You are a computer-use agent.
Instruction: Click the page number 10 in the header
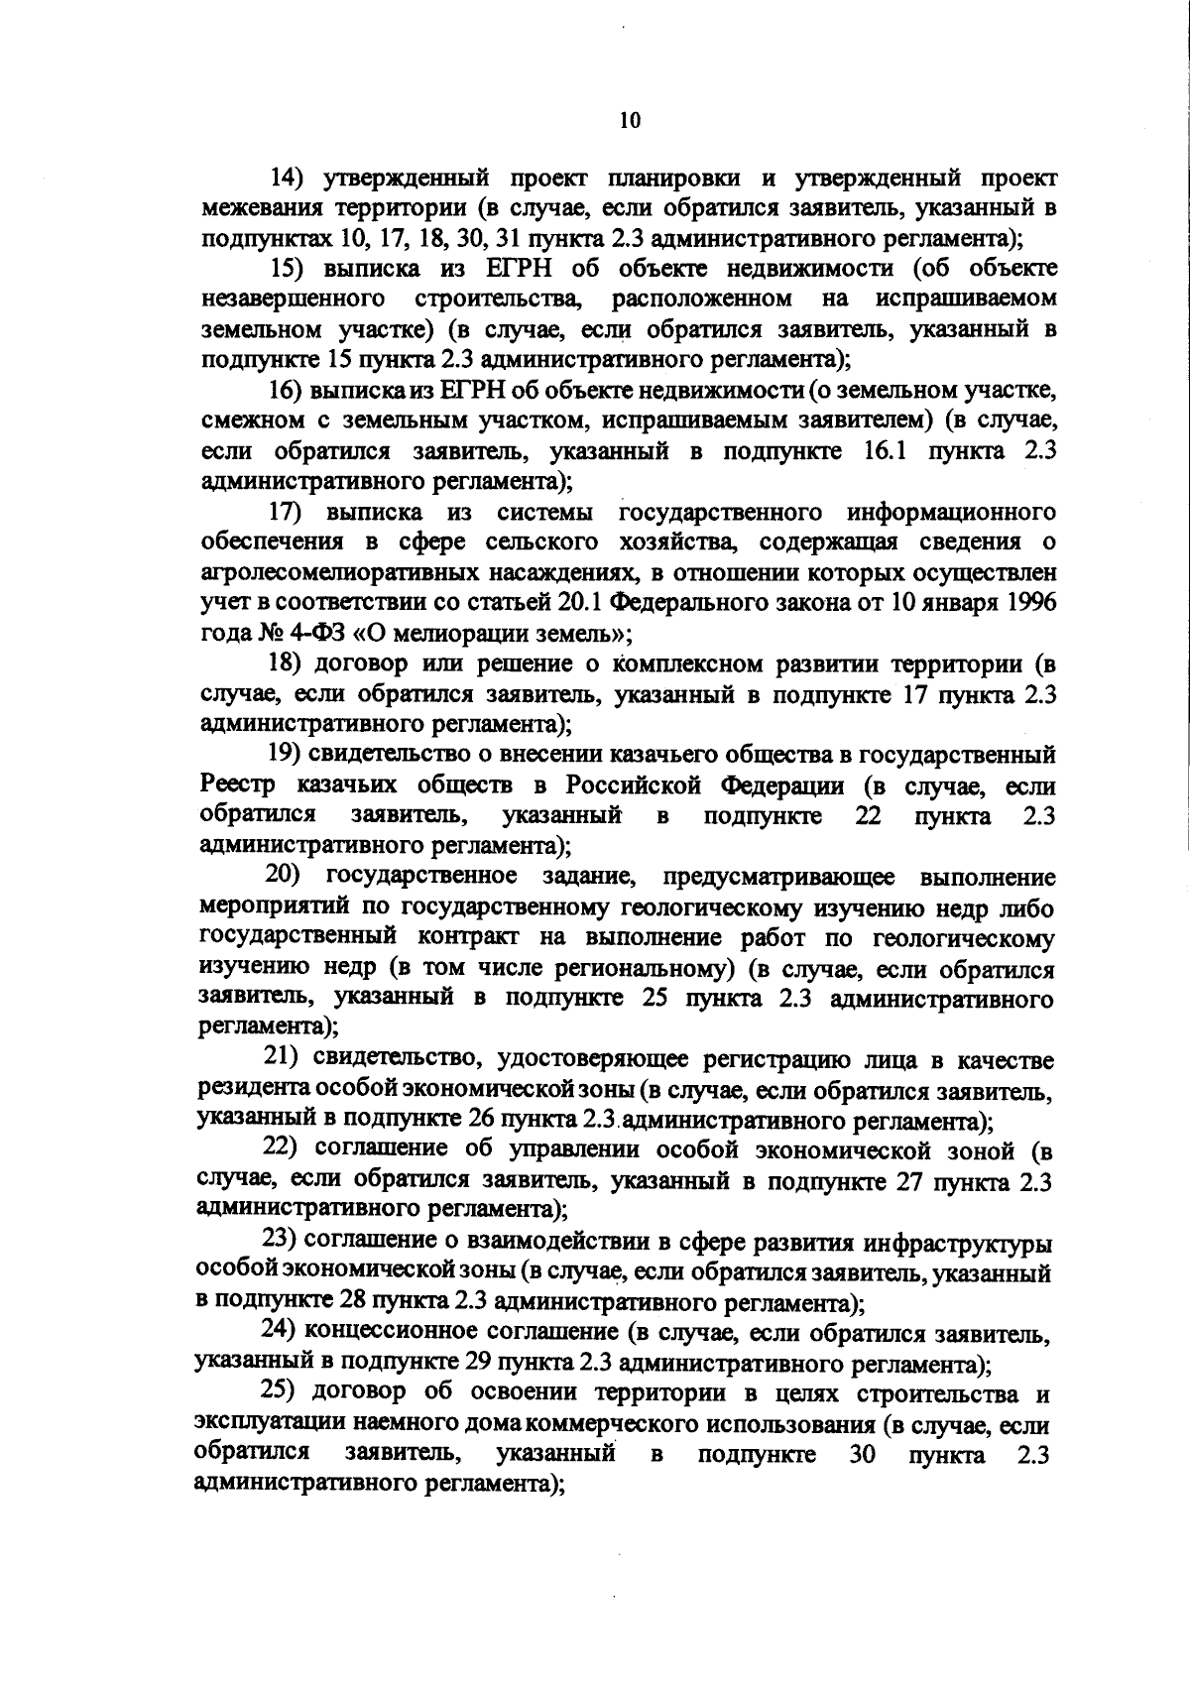coord(630,120)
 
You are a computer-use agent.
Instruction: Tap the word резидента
coord(253,1090)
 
